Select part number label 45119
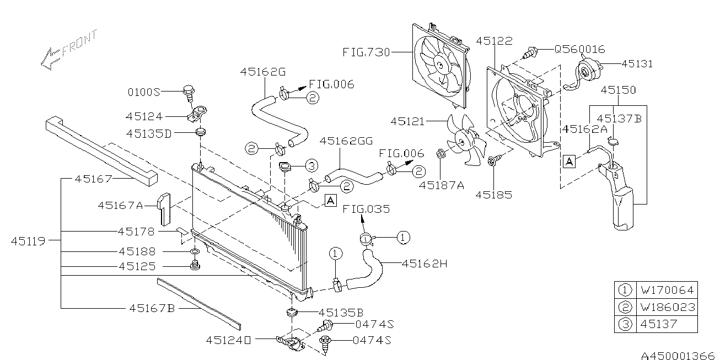(x=28, y=241)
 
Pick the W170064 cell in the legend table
(x=667, y=290)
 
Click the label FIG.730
(x=366, y=52)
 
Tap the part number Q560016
(x=579, y=49)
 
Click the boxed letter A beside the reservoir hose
(x=569, y=162)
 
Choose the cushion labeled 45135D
(x=201, y=132)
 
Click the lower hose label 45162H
(x=425, y=264)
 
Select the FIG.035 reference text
(x=366, y=209)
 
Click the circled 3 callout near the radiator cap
(x=311, y=165)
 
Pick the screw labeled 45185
(x=491, y=160)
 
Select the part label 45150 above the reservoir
(x=618, y=90)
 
